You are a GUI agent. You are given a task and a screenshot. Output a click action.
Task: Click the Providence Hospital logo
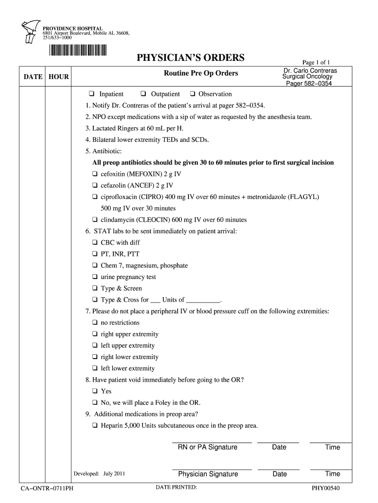click(30, 34)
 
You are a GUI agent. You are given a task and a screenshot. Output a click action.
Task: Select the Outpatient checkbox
click(143, 94)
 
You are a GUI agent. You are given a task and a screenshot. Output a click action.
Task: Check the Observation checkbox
click(192, 94)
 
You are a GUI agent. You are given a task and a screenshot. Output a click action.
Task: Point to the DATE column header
click(32, 77)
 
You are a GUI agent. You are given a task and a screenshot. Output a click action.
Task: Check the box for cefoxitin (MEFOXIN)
click(95, 174)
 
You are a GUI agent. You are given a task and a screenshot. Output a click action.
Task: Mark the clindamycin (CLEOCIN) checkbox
click(95, 220)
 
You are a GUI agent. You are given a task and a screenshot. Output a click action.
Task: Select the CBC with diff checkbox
click(95, 243)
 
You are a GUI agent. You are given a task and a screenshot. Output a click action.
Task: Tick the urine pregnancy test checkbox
click(95, 277)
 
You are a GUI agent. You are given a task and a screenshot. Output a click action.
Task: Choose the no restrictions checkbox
click(95, 323)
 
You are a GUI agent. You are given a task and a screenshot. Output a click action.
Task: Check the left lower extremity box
click(95, 368)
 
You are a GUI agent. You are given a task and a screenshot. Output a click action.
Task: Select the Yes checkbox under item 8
click(95, 391)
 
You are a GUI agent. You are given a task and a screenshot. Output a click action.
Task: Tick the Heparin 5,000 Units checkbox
click(95, 426)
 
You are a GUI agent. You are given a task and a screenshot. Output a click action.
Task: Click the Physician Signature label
click(208, 474)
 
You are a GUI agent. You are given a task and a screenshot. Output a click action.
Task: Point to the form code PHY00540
click(326, 488)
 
